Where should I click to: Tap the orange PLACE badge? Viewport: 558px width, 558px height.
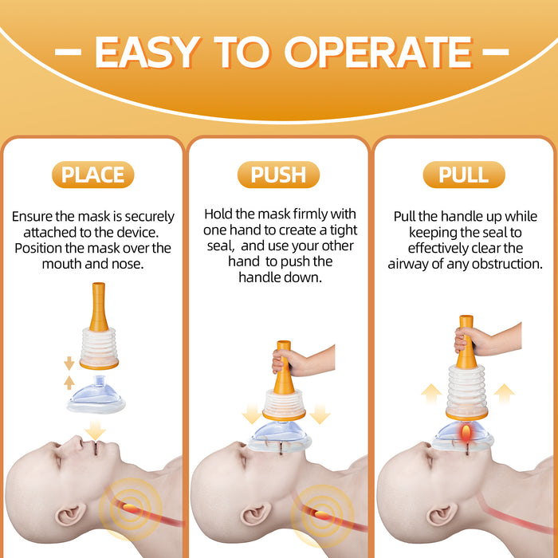coord(93,175)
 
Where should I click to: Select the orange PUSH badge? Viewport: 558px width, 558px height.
coord(278,175)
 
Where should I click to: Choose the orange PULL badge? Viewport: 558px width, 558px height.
coord(464,175)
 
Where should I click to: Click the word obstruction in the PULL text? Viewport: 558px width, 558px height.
coord(506,263)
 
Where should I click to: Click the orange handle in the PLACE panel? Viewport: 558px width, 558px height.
coord(99,308)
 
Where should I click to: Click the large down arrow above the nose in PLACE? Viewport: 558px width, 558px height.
coord(96,430)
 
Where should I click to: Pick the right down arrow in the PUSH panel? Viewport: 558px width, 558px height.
coord(320,414)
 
